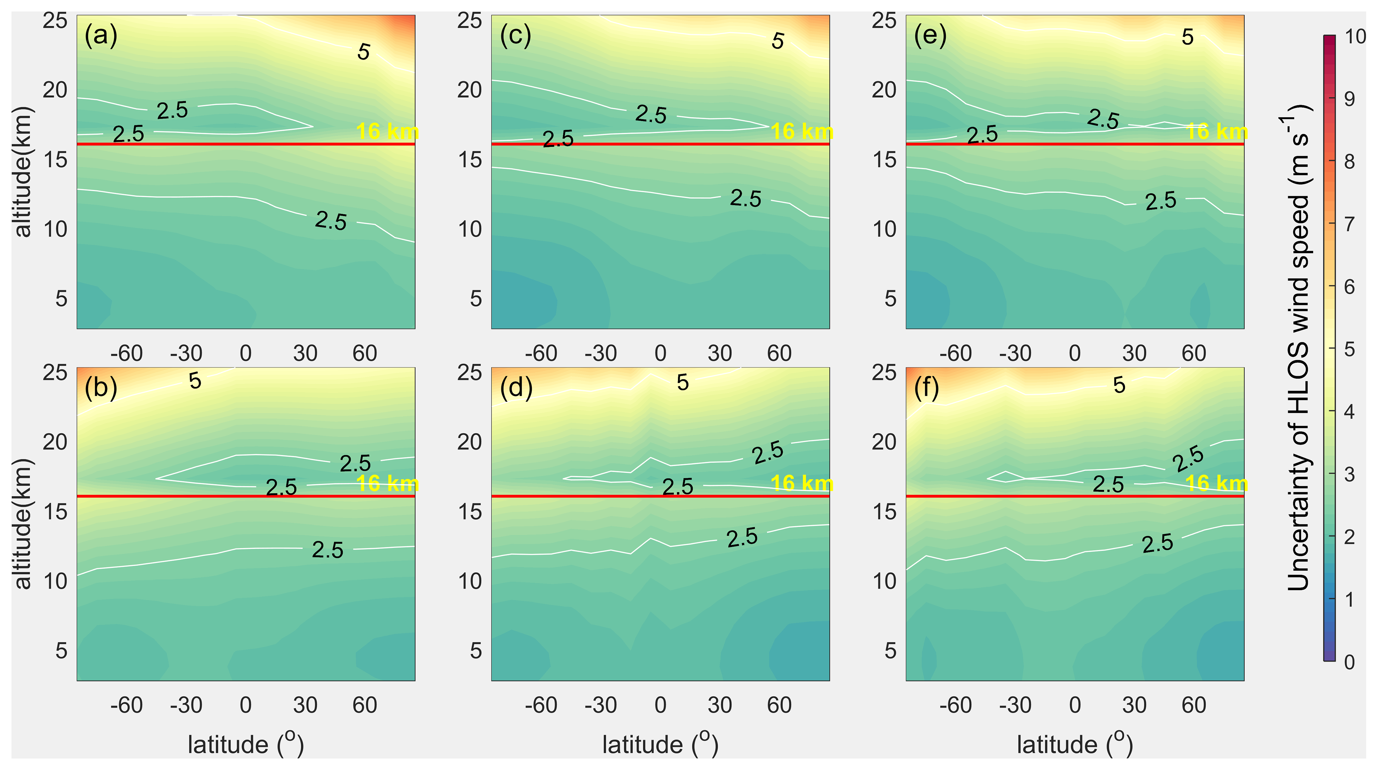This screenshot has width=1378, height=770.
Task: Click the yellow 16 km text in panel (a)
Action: [387, 131]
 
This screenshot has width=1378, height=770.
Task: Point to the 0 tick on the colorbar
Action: [1349, 662]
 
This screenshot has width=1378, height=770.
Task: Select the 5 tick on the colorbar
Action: [1349, 350]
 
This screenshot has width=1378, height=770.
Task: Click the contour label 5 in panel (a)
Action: [364, 52]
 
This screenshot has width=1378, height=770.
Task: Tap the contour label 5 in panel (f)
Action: [1119, 385]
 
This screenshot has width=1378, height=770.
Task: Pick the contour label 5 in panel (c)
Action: [778, 41]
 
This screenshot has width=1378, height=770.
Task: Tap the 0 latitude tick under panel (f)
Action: [1075, 705]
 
